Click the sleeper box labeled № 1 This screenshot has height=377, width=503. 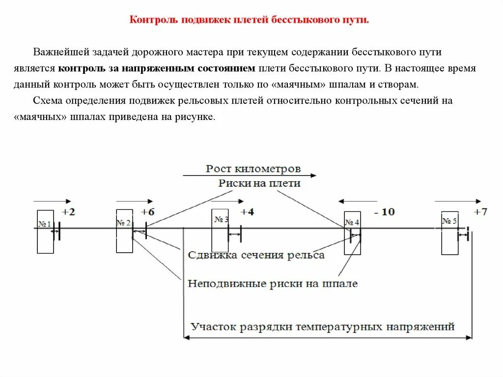(x=45, y=232)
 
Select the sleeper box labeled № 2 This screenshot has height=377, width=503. (x=124, y=231)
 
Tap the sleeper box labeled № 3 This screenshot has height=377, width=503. (x=220, y=230)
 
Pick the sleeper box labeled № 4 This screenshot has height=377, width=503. (x=352, y=232)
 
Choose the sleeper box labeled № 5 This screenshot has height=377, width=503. (x=449, y=232)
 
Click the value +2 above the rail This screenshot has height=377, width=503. (x=68, y=212)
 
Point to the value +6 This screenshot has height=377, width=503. (x=147, y=212)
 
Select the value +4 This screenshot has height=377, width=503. (x=247, y=212)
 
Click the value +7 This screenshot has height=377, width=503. (x=480, y=212)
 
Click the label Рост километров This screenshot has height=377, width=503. (x=253, y=169)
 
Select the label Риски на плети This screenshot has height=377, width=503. (x=259, y=183)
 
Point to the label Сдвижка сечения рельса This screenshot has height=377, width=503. (x=256, y=255)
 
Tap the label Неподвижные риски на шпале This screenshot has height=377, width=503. (x=273, y=284)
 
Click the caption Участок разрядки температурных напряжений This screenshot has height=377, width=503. (x=323, y=326)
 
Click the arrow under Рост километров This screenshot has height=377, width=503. (x=250, y=175)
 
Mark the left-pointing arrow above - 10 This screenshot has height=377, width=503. (x=356, y=201)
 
